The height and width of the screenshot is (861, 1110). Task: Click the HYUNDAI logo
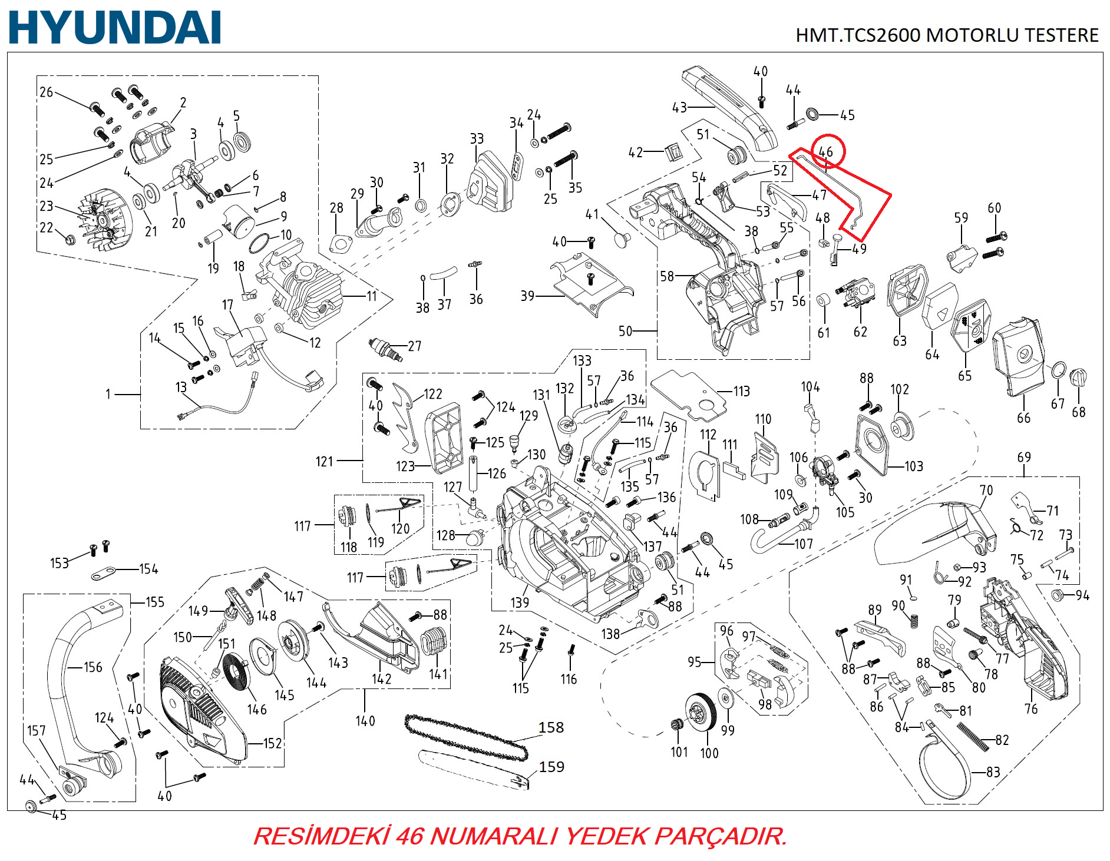point(115,28)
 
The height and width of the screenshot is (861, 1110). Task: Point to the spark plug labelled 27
point(385,349)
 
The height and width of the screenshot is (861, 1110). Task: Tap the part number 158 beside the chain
point(551,727)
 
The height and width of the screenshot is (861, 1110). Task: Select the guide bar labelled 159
point(475,769)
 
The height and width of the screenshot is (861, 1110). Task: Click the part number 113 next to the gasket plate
point(741,391)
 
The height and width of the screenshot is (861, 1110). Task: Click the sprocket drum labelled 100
point(701,713)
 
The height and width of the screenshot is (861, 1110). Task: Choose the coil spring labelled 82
point(973,736)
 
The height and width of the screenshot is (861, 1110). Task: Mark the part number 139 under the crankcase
point(520,602)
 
